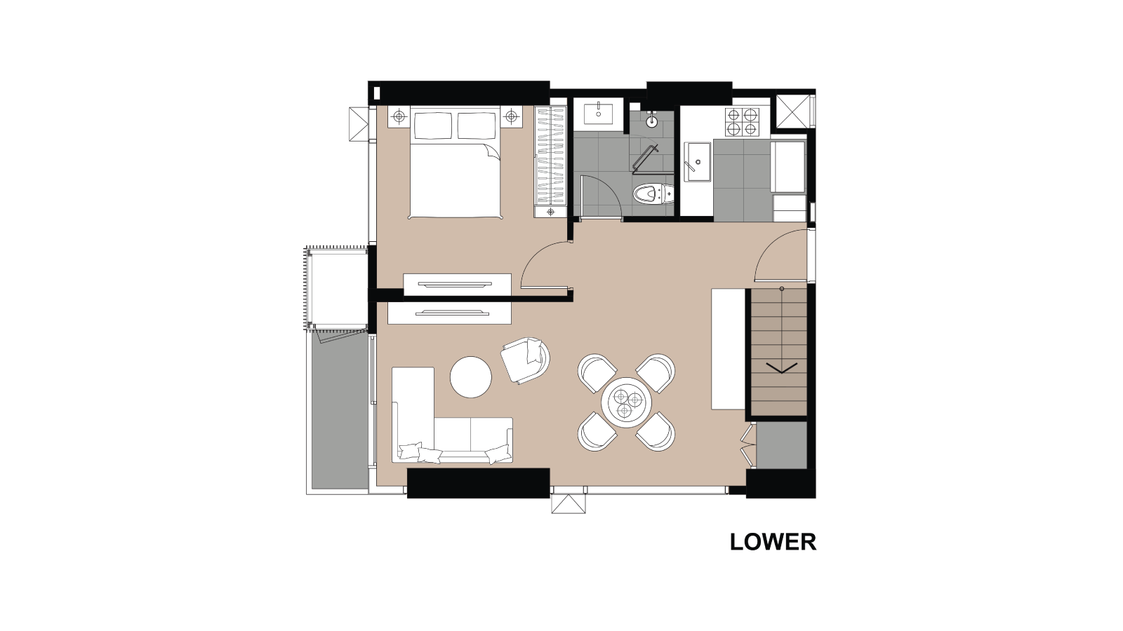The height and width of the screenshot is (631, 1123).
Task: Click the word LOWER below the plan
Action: (773, 542)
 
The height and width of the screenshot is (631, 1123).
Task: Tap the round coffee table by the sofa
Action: (470, 377)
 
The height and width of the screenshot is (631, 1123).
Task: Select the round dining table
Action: (626, 402)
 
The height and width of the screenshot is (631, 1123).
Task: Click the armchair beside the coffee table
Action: (525, 360)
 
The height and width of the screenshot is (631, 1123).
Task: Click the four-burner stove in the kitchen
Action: (742, 122)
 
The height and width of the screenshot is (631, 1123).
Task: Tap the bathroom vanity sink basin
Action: (598, 112)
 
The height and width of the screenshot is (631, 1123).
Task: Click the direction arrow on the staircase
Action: (781, 367)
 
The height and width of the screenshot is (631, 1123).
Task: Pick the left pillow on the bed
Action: (433, 126)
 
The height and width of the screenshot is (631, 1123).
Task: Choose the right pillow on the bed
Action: (477, 126)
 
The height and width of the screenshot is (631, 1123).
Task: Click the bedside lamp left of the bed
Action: (399, 116)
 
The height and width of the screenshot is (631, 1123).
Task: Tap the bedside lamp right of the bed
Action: (512, 116)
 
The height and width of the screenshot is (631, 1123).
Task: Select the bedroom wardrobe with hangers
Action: (550, 156)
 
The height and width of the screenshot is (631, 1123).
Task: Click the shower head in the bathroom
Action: (651, 121)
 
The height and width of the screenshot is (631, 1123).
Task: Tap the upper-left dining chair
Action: (596, 372)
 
